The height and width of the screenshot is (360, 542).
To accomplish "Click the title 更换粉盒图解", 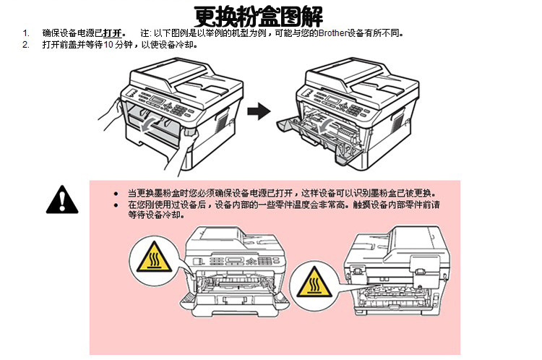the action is (259, 16).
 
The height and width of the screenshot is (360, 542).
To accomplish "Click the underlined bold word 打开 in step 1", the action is (113, 33).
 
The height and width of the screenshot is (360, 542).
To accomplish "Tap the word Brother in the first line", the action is (332, 33).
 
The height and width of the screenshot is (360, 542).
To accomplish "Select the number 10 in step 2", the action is (108, 45).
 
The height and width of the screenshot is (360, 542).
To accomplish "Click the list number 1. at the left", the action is (26, 33).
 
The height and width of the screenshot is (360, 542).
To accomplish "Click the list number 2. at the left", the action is (26, 45).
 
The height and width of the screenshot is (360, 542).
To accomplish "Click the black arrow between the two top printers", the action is (259, 111).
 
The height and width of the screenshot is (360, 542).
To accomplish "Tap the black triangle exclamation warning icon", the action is (62, 200).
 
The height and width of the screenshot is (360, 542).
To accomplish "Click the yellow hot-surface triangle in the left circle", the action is (154, 257).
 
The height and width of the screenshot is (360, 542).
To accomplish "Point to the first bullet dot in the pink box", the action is (116, 194).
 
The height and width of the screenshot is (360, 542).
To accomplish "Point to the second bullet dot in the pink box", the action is (116, 205).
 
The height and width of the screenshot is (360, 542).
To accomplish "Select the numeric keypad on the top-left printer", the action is (179, 110).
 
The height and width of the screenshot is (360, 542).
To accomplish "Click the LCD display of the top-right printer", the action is (332, 99).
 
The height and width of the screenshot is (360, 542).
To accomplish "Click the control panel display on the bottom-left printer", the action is (236, 261).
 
